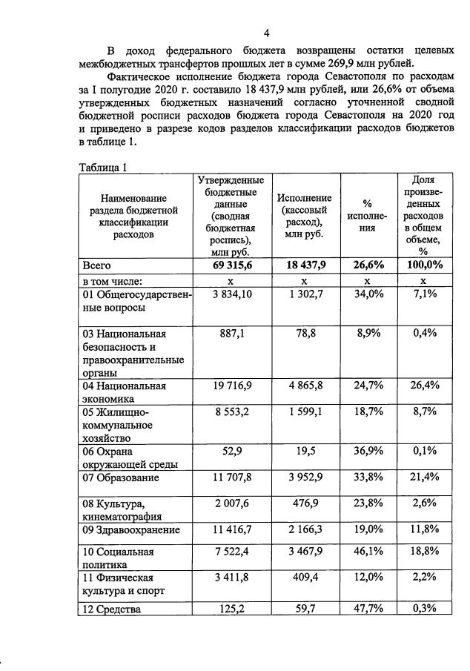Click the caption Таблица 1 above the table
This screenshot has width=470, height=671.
coord(103,168)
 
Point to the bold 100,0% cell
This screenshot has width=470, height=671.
coord(423,265)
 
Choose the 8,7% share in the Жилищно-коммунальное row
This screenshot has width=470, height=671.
coord(423,412)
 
